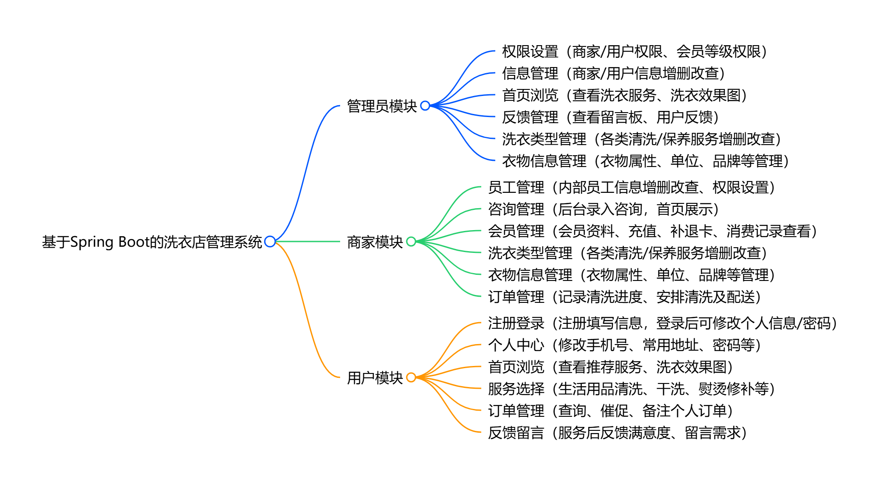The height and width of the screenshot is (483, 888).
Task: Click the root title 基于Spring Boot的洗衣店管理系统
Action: tap(152, 242)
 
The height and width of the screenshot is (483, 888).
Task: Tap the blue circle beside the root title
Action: tap(270, 241)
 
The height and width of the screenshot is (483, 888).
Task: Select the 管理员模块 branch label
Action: tap(382, 106)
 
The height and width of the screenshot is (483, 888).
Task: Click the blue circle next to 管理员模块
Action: tap(425, 106)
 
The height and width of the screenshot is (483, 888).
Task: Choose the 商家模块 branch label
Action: tap(375, 242)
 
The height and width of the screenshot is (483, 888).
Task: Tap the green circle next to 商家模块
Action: tap(411, 241)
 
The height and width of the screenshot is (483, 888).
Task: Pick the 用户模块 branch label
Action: tap(375, 378)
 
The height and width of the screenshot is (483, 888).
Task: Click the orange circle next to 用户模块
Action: tap(411, 377)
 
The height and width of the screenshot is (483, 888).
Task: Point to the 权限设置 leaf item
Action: tap(634, 52)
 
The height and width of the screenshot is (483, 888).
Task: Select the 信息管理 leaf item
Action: tap(613, 74)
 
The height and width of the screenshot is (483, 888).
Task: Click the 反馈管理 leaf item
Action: tap(610, 117)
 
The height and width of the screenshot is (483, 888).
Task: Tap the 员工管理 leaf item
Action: tap(631, 188)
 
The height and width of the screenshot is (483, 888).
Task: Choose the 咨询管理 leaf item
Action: tap(603, 210)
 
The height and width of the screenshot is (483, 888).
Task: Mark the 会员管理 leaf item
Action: tap(652, 231)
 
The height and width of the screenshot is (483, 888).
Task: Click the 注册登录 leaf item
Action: tap(662, 323)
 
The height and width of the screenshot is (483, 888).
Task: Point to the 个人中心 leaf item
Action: tap(624, 345)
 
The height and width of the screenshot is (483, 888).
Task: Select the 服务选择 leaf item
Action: tap(631, 389)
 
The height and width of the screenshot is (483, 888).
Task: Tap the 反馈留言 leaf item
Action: tap(617, 433)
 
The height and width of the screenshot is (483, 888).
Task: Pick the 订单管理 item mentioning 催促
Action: tap(610, 411)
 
